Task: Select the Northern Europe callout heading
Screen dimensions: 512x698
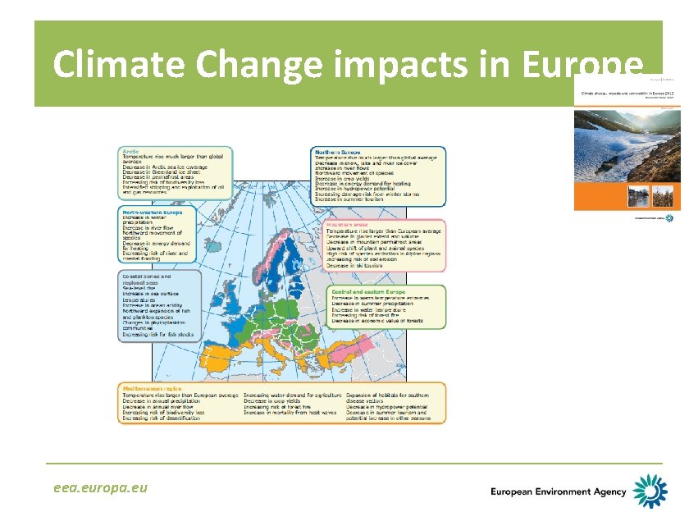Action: [x=338, y=152]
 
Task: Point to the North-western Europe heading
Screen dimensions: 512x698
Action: [x=147, y=211]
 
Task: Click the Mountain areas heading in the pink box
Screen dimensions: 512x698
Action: [x=347, y=224]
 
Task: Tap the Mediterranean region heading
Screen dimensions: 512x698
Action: [x=150, y=387]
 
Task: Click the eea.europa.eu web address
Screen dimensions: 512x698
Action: [x=101, y=487]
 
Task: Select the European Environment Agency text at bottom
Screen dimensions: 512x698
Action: [x=558, y=491]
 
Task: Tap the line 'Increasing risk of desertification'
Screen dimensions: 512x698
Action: [x=162, y=418]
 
